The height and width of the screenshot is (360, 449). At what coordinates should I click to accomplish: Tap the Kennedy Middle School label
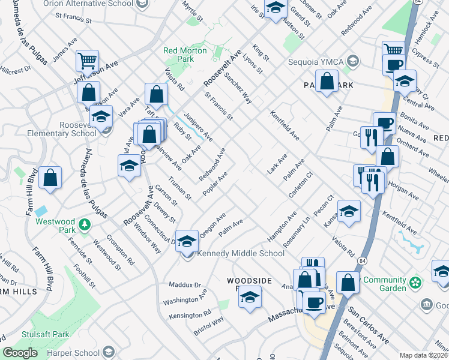pyautogui.click(x=241, y=253)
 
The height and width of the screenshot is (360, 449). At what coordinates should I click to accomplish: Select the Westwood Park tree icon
pyautogui.click(x=85, y=225)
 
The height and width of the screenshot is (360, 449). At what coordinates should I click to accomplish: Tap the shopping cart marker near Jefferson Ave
pyautogui.click(x=88, y=61)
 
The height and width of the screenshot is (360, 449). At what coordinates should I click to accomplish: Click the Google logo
pyautogui.click(x=20, y=353)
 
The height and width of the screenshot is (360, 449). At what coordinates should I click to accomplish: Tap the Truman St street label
pyautogui.click(x=179, y=188)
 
